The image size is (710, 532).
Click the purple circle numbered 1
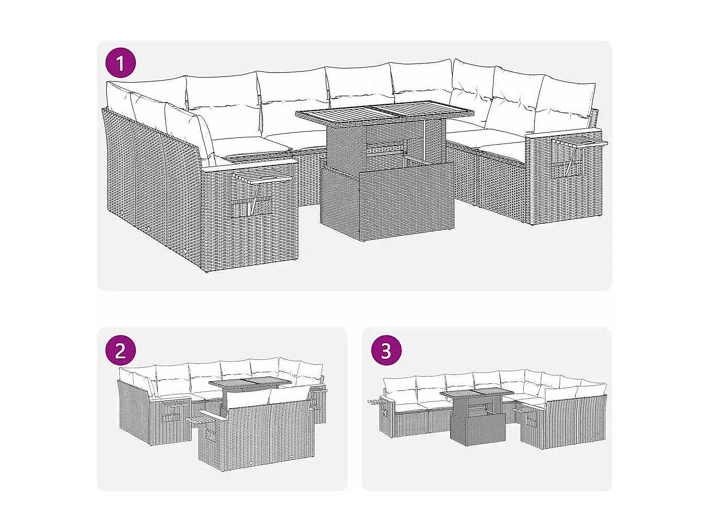120,63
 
